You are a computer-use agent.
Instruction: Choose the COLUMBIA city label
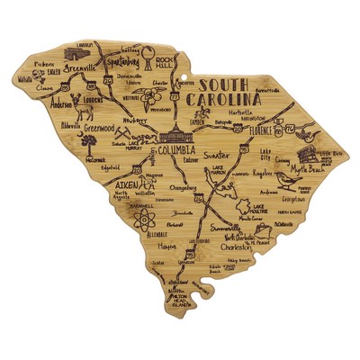[x=169, y=151]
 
